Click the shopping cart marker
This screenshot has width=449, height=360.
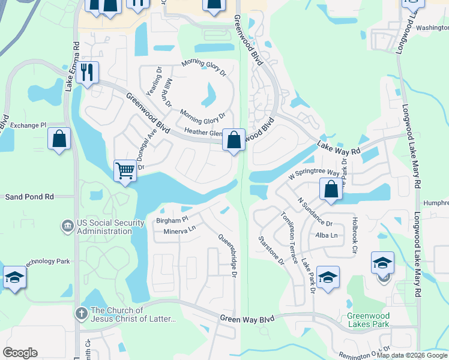click(x=125, y=170)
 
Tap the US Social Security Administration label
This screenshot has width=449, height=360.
click(x=110, y=227)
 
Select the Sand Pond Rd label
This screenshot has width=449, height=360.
click(x=29, y=196)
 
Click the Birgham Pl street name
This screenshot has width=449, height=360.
click(x=172, y=220)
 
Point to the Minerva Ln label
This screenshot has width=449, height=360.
click(x=180, y=229)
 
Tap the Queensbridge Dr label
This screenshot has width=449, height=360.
click(x=226, y=255)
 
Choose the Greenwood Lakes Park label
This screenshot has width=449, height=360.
click(x=368, y=320)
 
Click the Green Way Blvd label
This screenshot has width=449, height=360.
click(x=247, y=318)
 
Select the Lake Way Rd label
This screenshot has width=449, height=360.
click(x=339, y=148)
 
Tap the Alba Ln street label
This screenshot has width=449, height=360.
click(x=326, y=235)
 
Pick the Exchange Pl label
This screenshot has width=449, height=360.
click(x=28, y=125)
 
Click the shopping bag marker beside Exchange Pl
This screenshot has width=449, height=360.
click(x=59, y=139)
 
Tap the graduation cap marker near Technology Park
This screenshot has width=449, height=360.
click(x=14, y=277)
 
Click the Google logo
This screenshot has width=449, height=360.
click(x=20, y=353)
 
